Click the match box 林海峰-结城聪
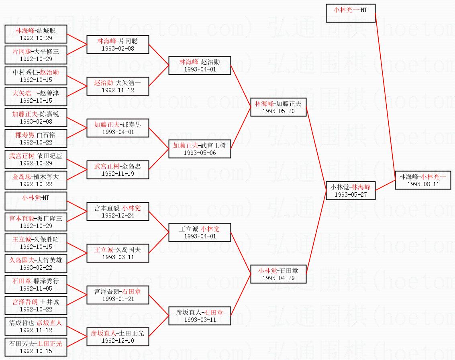36,34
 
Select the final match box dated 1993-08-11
423,180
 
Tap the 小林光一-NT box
351,13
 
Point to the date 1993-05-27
351,194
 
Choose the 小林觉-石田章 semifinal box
278,274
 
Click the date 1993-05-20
278,111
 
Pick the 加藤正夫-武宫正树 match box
200,149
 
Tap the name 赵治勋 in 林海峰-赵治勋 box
210,62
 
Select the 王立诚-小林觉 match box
200,232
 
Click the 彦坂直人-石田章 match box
200,316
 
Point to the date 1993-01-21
118,299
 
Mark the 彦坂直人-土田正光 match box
118,337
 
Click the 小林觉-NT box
36,201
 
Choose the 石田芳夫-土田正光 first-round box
36,347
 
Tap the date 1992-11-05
36,288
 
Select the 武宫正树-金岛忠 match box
118,170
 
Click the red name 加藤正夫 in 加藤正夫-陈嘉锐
24,114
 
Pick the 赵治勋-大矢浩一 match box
118,86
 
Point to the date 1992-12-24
118,215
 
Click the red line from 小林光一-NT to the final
386,97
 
